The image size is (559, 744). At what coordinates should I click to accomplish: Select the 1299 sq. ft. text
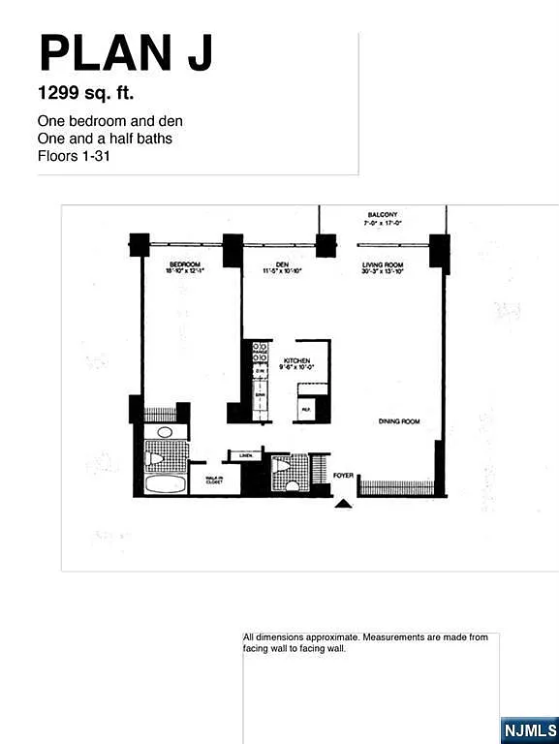click(x=85, y=95)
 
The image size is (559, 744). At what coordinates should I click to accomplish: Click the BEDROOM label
click(x=184, y=264)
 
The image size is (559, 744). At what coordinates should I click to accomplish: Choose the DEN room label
click(x=282, y=264)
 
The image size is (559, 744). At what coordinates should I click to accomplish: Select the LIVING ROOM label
click(x=382, y=264)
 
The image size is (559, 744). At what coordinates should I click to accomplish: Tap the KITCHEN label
click(x=296, y=359)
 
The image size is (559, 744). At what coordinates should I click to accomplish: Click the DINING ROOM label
click(x=397, y=421)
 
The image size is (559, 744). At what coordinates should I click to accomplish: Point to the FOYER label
click(x=343, y=476)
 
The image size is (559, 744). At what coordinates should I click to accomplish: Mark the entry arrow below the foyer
click(x=343, y=503)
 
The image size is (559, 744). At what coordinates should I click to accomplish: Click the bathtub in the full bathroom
click(x=165, y=483)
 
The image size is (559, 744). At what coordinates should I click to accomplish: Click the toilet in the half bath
click(x=281, y=466)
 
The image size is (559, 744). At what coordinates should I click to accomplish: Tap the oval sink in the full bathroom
click(x=165, y=431)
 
